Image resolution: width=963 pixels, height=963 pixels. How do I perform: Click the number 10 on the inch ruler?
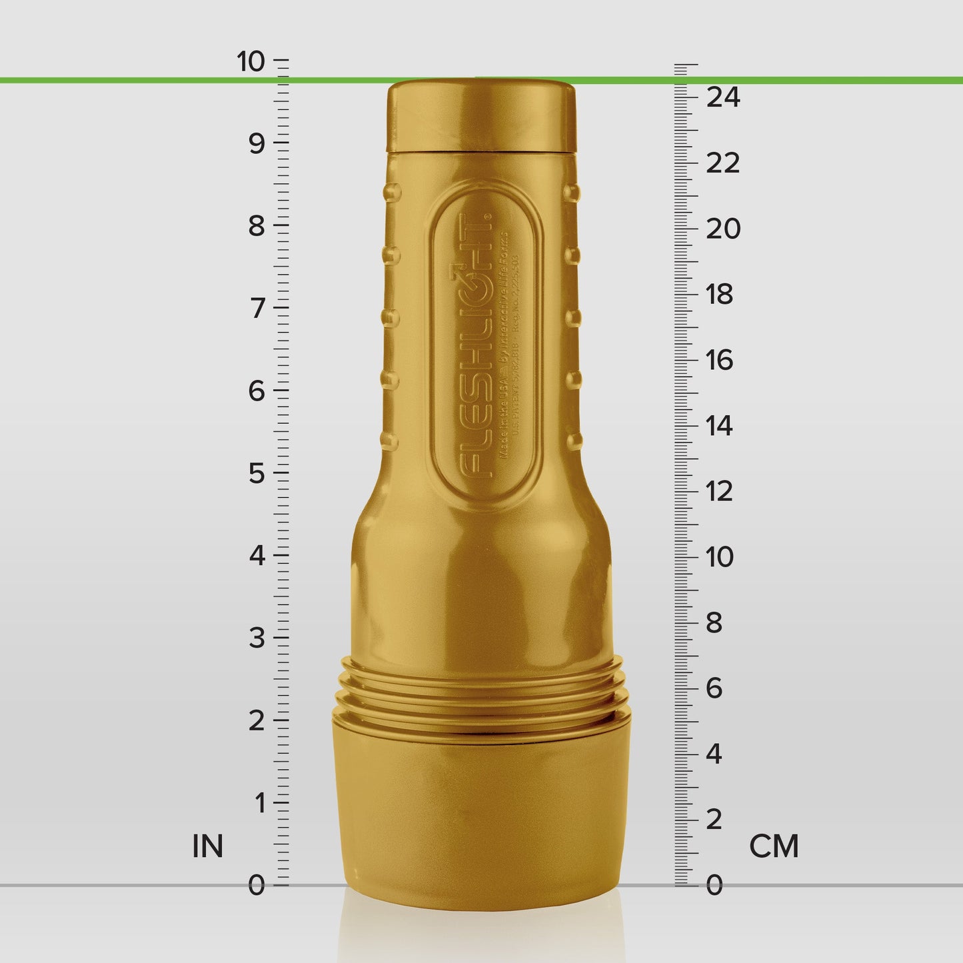tap(251, 61)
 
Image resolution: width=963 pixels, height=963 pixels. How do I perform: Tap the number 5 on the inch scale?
tap(257, 474)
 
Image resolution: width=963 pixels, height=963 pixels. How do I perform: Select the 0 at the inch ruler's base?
tap(257, 886)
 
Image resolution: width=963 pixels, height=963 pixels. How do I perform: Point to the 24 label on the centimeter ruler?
tap(723, 97)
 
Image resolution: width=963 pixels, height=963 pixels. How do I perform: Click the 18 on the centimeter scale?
tap(720, 295)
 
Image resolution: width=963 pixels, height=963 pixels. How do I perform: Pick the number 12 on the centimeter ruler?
tap(720, 492)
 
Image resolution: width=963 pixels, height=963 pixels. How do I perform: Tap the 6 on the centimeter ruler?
tap(714, 688)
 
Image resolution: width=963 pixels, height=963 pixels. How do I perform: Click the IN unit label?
tap(207, 846)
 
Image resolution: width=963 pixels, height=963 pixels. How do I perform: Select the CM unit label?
tap(774, 846)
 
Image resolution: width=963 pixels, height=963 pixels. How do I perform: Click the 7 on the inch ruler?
tap(257, 309)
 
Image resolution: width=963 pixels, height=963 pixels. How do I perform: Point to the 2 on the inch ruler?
tap(257, 721)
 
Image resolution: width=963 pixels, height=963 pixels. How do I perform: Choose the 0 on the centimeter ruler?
tap(714, 886)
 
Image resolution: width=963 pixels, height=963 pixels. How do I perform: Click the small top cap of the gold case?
tap(481, 117)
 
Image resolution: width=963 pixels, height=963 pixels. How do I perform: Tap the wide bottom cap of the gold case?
tap(481, 806)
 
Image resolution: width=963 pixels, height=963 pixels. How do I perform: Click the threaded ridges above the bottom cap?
tap(481, 693)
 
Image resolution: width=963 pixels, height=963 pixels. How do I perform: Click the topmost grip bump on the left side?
tap(391, 193)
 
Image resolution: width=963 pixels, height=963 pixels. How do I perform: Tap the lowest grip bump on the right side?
tap(574, 441)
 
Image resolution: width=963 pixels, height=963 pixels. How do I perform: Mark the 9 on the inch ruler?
tap(257, 143)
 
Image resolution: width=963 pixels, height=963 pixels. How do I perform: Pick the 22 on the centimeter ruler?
tap(723, 163)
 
